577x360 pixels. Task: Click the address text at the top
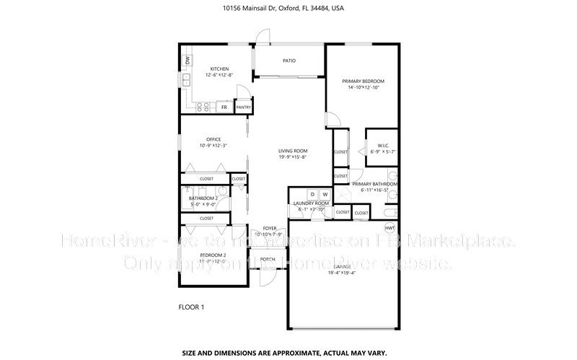[288, 9]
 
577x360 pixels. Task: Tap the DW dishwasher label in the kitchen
[187, 61]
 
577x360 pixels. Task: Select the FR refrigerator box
[224, 107]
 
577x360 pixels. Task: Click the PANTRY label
[243, 107]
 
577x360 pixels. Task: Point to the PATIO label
[288, 61]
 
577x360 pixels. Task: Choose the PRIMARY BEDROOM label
[364, 81]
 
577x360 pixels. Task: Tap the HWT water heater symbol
[389, 228]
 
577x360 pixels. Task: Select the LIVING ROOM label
[293, 151]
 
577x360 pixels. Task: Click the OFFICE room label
[213, 139]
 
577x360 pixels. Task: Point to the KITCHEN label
[219, 69]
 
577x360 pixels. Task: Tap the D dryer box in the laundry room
[313, 194]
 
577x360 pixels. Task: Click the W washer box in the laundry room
[325, 194]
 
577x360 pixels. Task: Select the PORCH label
[268, 259]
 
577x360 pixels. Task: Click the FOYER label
[270, 228]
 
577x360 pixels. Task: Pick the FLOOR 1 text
[191, 308]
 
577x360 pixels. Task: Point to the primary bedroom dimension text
[364, 87]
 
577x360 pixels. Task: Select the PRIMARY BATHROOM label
[375, 184]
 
